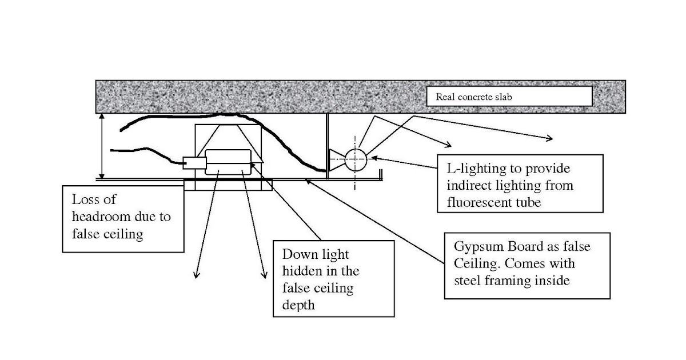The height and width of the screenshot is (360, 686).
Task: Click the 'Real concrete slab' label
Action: click(x=474, y=97)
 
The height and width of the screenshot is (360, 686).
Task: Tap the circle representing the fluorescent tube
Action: click(x=355, y=159)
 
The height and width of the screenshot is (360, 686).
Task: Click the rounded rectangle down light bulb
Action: click(x=228, y=162)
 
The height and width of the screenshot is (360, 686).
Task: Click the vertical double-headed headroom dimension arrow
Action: click(x=102, y=146)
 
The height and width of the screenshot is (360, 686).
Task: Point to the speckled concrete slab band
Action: click(x=257, y=97)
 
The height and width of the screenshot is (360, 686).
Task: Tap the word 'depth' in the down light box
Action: click(x=298, y=305)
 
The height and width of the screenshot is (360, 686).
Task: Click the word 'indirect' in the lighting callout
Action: click(x=470, y=186)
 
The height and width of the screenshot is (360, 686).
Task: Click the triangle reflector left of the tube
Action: click(x=336, y=159)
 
